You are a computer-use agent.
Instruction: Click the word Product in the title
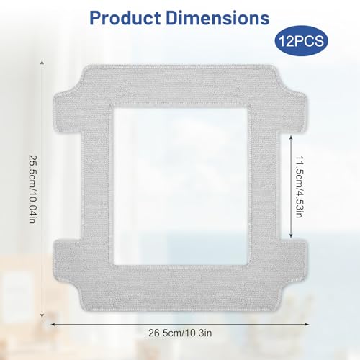point(125,18)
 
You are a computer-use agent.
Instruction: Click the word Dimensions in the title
point(217,18)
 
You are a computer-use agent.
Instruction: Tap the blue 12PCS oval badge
point(302,41)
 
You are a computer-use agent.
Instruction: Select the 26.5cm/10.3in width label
point(180,333)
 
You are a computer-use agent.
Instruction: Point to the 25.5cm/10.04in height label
point(32,189)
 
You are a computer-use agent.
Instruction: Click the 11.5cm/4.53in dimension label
point(298,186)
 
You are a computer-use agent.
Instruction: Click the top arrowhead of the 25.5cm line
point(42,62)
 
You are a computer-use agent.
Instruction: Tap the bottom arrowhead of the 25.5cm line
point(42,316)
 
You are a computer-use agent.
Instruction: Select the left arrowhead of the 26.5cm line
point(54,324)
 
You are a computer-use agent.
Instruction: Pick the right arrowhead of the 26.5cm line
point(306,324)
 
